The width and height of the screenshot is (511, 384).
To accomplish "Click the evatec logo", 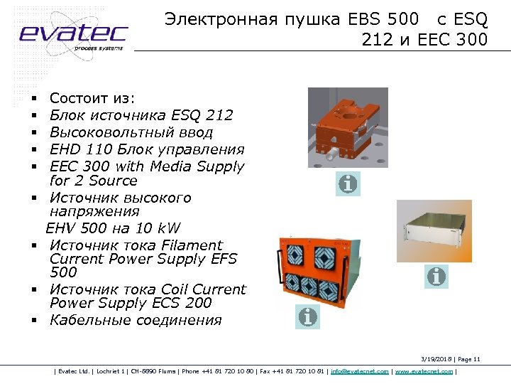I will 73,34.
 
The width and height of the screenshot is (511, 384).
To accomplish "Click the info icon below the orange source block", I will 348,184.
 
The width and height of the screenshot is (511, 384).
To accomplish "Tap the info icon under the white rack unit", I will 436,276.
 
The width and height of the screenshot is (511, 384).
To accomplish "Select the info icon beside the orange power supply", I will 308,316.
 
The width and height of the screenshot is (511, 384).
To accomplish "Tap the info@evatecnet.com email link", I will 360,371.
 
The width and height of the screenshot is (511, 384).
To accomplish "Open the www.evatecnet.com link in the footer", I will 424,371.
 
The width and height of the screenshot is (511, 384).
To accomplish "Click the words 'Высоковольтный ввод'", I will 131,133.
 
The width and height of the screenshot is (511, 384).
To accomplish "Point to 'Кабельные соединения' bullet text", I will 136,320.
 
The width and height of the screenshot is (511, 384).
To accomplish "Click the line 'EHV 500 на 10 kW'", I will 114,228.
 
